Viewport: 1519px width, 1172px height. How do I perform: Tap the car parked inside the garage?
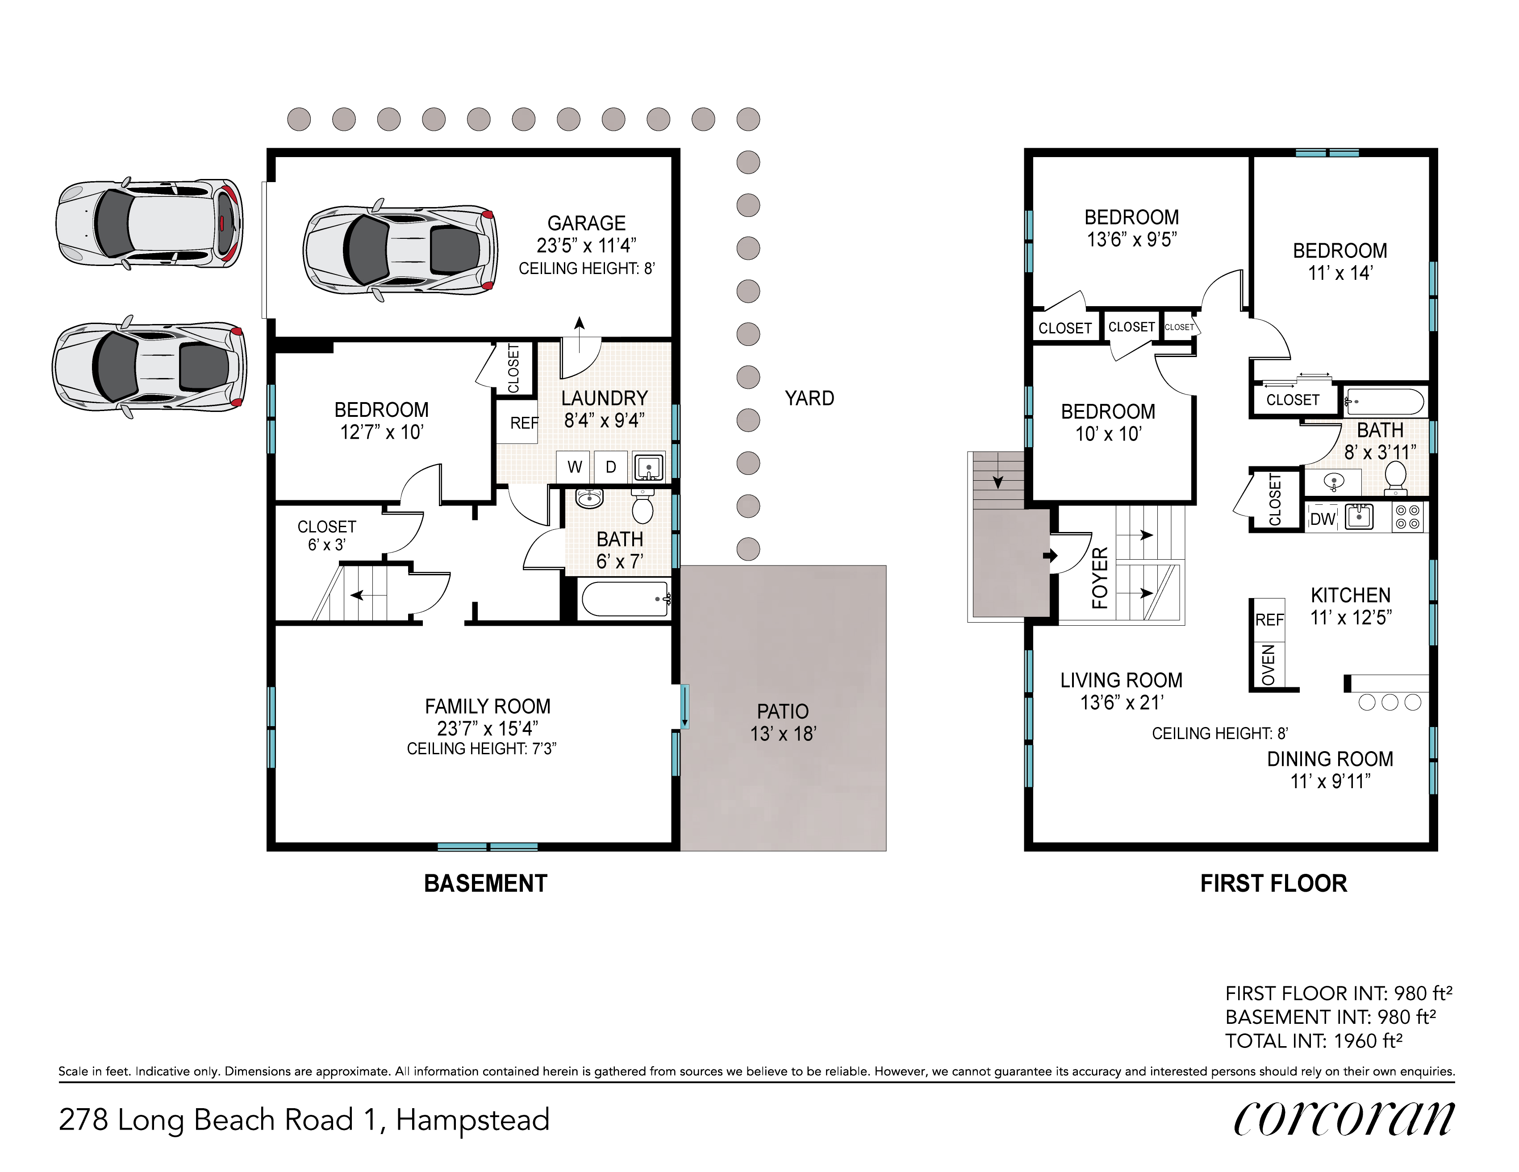(400, 249)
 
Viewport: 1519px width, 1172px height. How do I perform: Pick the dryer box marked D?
(611, 466)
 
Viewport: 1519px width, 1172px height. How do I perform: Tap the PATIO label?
(782, 711)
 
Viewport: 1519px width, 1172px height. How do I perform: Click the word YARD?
(809, 398)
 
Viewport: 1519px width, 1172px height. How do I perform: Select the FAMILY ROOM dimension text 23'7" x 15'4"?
(488, 728)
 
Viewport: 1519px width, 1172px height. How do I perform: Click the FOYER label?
(1100, 578)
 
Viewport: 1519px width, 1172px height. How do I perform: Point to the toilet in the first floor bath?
(1395, 479)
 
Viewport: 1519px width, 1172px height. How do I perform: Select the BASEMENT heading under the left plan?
(485, 884)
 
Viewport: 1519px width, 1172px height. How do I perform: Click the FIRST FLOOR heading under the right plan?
(1273, 884)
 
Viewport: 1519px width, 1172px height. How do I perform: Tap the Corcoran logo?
(1344, 1119)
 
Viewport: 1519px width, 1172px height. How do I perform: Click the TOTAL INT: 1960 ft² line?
(1314, 1041)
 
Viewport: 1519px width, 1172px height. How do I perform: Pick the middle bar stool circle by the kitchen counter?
(1390, 702)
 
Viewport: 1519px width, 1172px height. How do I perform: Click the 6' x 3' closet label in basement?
(327, 545)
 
